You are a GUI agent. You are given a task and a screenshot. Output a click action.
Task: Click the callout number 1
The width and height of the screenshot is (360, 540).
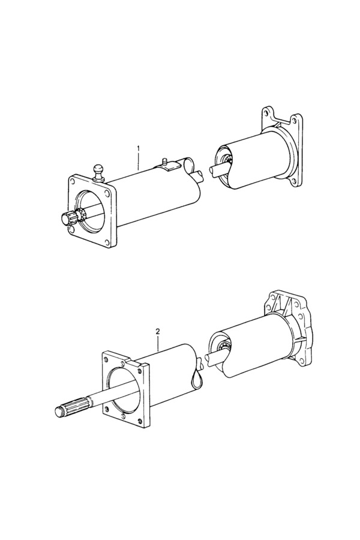tap(139, 148)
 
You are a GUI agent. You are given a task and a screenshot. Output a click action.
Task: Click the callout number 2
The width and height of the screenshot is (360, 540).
tap(158, 332)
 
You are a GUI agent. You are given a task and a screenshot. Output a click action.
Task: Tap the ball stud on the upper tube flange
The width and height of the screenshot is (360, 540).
tap(99, 172)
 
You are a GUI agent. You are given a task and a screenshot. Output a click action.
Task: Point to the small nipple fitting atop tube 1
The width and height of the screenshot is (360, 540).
tap(164, 161)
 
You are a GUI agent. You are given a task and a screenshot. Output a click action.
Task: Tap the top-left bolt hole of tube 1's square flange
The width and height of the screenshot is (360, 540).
tap(73, 181)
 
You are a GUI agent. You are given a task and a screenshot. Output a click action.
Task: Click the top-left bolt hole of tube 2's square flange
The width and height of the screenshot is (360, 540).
tap(106, 359)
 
